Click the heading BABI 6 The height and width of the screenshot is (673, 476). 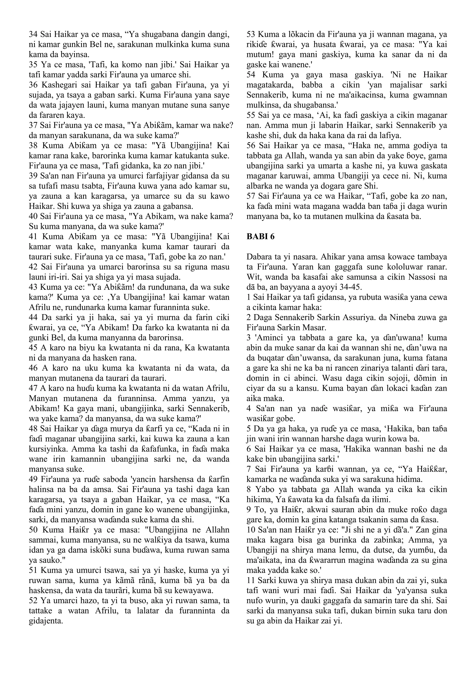pos(261,237)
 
